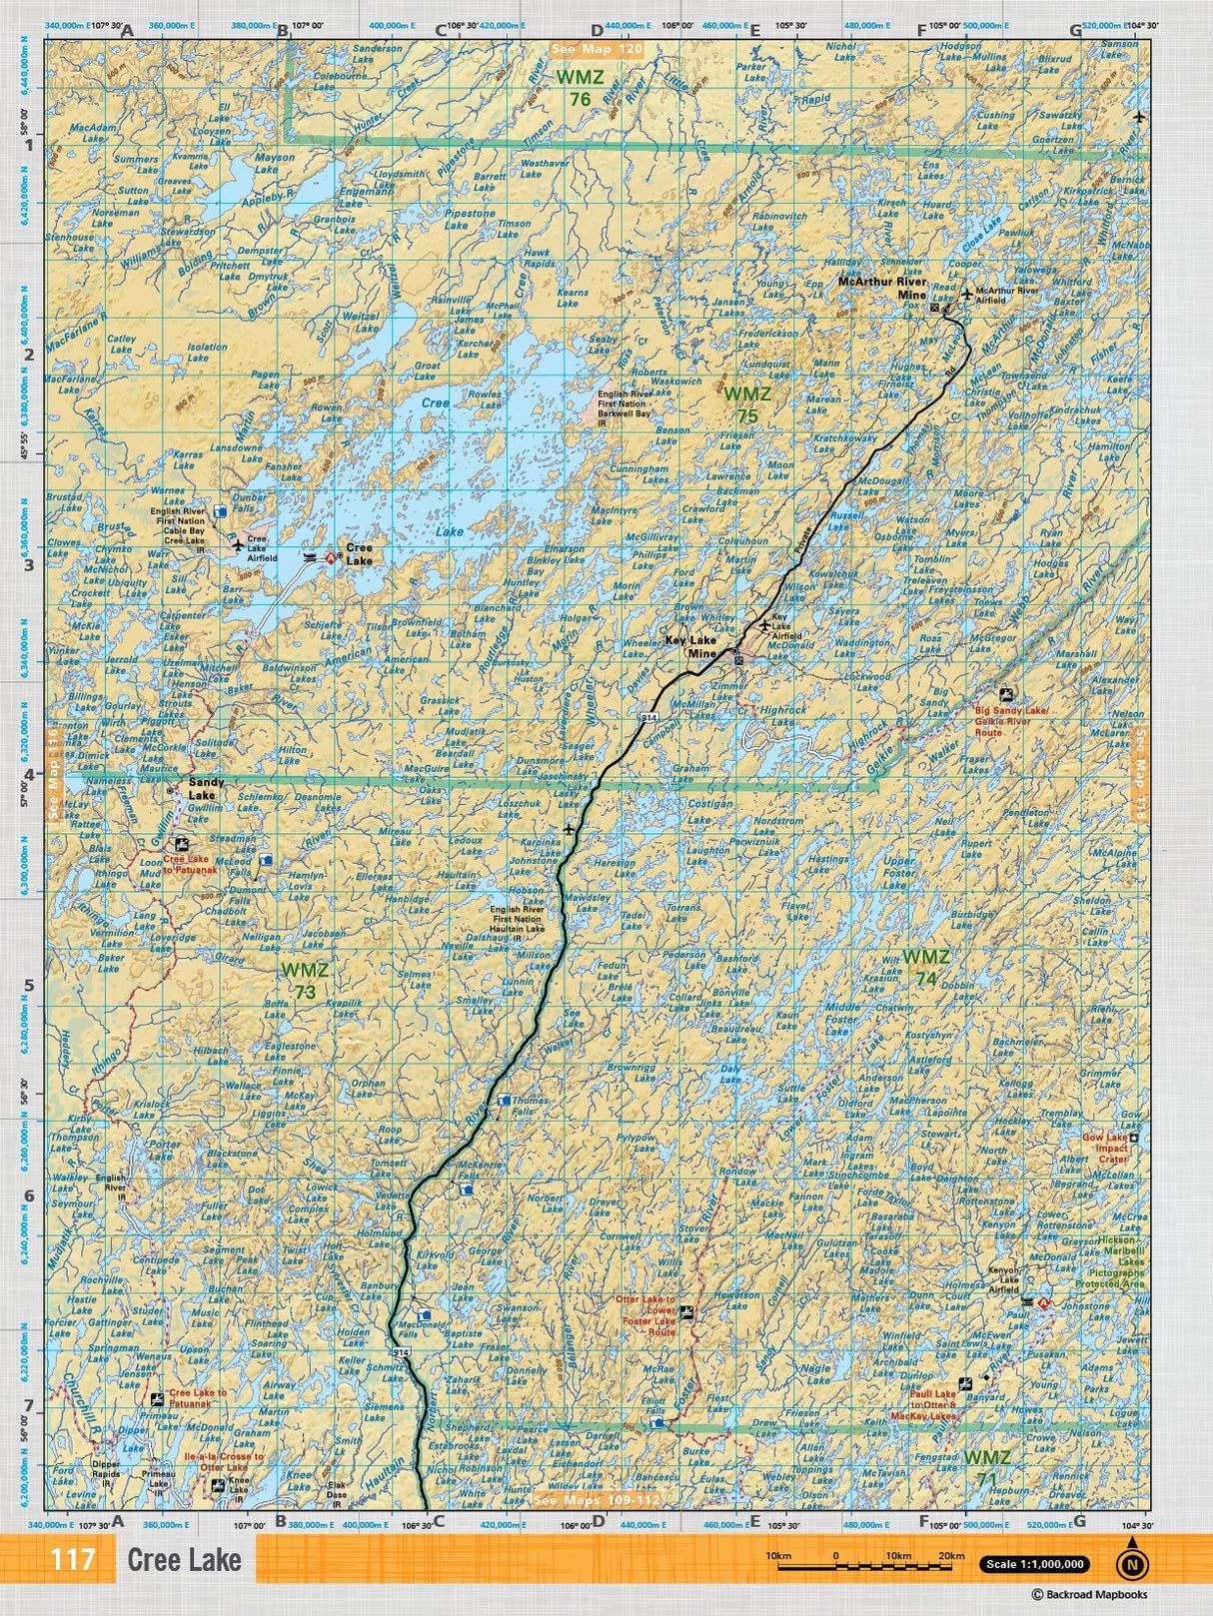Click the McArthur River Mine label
(x=882, y=289)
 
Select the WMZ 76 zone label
(x=581, y=88)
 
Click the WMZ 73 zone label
(x=305, y=979)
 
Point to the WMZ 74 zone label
(x=926, y=967)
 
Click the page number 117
(x=73, y=1559)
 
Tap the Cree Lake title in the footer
(x=184, y=1559)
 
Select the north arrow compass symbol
(x=1131, y=1563)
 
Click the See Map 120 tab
(x=598, y=48)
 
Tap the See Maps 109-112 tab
(x=597, y=1500)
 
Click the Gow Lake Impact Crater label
(x=1105, y=1148)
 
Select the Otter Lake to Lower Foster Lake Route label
(x=645, y=1315)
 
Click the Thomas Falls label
(x=529, y=1107)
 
